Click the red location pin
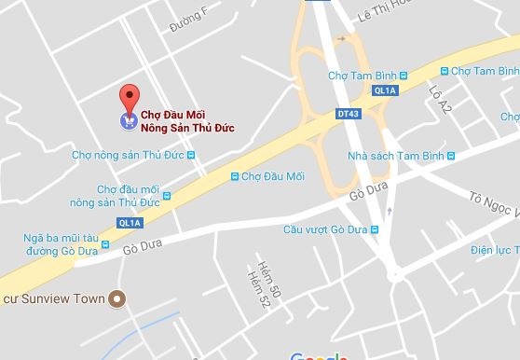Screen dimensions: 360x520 click(x=130, y=96)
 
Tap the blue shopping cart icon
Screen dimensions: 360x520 click(x=128, y=120)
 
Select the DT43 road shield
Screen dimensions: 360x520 click(x=348, y=113)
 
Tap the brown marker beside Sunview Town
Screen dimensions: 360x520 click(x=116, y=298)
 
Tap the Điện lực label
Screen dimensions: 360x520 click(x=494, y=250)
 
